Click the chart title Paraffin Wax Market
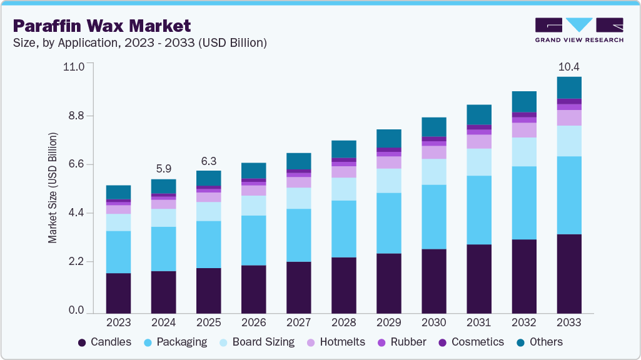click(x=101, y=26)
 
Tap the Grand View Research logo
click(x=578, y=30)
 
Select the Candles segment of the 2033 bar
click(x=569, y=274)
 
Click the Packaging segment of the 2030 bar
click(x=433, y=217)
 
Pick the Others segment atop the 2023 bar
click(x=118, y=192)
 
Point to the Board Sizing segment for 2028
click(x=343, y=189)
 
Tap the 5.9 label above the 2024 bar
click(x=163, y=169)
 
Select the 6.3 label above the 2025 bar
click(x=208, y=160)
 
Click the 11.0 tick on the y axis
click(x=74, y=66)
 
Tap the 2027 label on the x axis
click(x=298, y=323)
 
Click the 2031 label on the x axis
click(x=479, y=323)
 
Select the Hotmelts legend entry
click(x=336, y=342)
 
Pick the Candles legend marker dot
click(x=82, y=342)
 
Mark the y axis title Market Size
click(x=53, y=187)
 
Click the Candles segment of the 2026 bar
click(x=253, y=289)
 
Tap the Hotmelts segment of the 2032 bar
click(x=524, y=129)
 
